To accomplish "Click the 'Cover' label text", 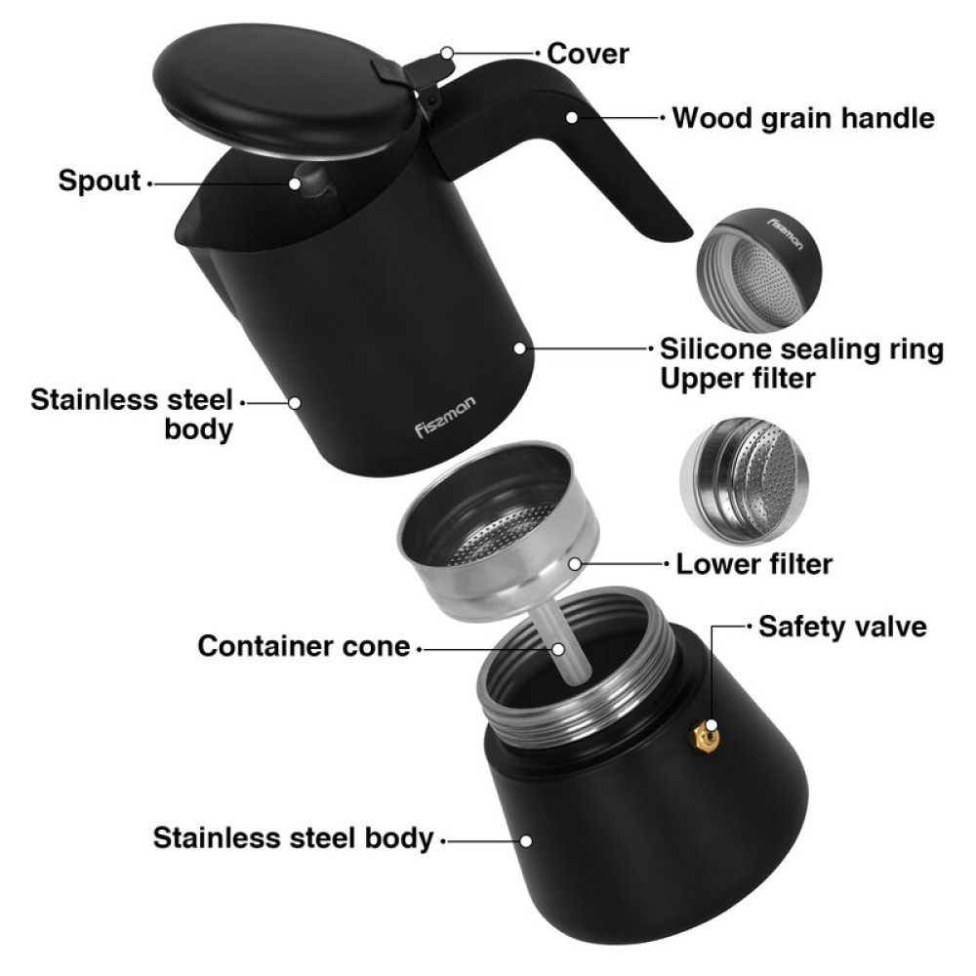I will pos(588,53).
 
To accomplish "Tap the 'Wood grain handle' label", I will pos(803,119).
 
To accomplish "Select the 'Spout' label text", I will pos(99,181).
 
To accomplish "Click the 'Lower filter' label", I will pos(754,563).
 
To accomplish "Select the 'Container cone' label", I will pos(304,646).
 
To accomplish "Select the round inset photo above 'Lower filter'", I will pos(745,474).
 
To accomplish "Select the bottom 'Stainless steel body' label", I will pos(292,837).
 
